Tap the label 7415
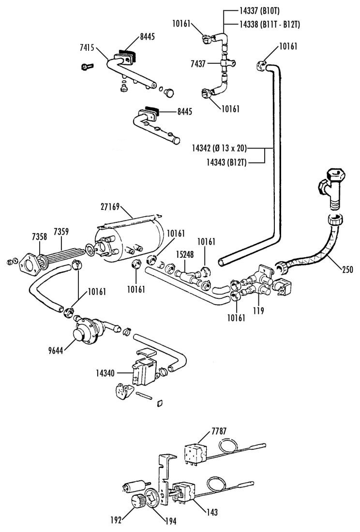pos(87,47)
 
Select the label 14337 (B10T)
pos(259,11)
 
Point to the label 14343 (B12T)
pos(226,163)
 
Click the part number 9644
pos(56,351)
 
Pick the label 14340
pos(105,373)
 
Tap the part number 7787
pos(219,431)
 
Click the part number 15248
pos(184,254)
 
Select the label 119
pos(258,310)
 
